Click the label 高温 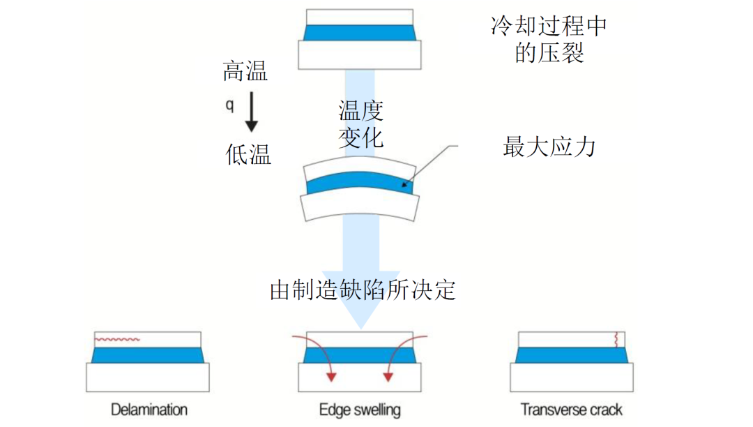[x=245, y=71]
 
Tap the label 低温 [x=248, y=155]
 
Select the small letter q [x=229, y=105]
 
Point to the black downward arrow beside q [x=251, y=112]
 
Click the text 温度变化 [x=360, y=124]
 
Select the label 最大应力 [x=549, y=147]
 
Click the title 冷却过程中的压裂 [x=549, y=39]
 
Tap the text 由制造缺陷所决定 [x=363, y=290]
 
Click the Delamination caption [x=149, y=410]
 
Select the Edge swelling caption [x=360, y=410]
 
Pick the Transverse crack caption [x=572, y=410]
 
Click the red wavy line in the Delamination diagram [x=117, y=340]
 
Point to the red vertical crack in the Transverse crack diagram [x=616, y=340]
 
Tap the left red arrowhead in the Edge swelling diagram [x=331, y=377]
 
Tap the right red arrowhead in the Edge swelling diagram [x=388, y=377]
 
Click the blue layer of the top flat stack [x=360, y=33]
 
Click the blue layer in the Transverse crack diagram [x=572, y=355]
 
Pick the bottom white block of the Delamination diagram [x=147, y=377]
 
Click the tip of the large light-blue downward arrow [x=361, y=329]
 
